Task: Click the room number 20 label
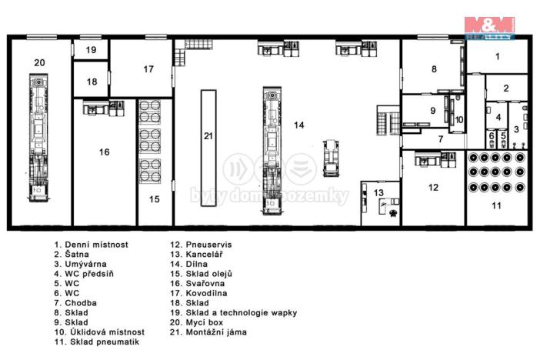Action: pos(39,63)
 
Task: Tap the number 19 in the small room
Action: pos(91,50)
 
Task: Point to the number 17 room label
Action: pos(148,69)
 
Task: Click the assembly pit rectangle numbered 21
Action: pos(208,148)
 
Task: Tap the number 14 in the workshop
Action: pos(299,125)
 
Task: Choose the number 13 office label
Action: pos(378,192)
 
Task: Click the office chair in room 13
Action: pos(392,214)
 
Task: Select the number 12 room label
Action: pos(433,188)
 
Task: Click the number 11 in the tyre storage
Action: pos(496,205)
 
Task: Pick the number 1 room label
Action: pos(497,56)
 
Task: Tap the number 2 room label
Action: pos(506,88)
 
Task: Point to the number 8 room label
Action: pos(434,69)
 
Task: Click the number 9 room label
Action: pos(433,111)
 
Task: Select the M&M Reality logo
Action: pos(489,28)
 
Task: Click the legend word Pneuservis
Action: pos(208,245)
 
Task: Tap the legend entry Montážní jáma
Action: pos(216,332)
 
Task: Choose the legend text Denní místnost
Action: pos(96,245)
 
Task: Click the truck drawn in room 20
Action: pos(38,138)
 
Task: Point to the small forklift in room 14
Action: pos(331,158)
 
